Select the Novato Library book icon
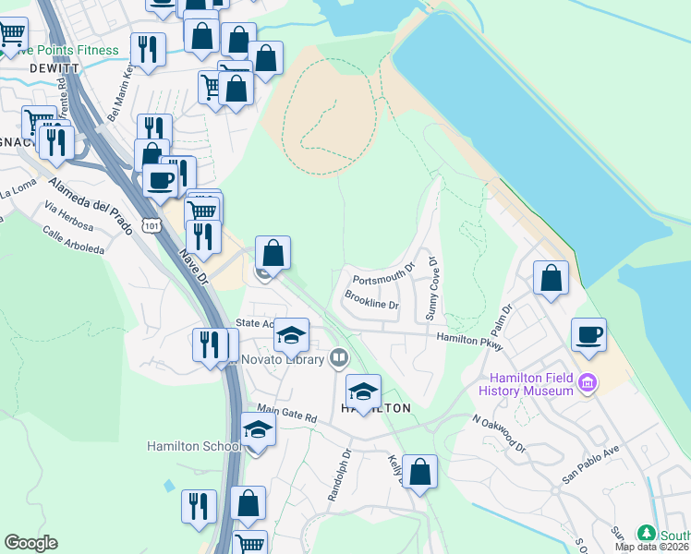pyautogui.click(x=339, y=358)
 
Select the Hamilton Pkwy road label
pyautogui.click(x=469, y=342)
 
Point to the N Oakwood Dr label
pyautogui.click(x=498, y=432)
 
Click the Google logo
pyautogui.click(x=30, y=543)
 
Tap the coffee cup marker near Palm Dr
pyautogui.click(x=588, y=334)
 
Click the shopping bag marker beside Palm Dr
pyautogui.click(x=551, y=277)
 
